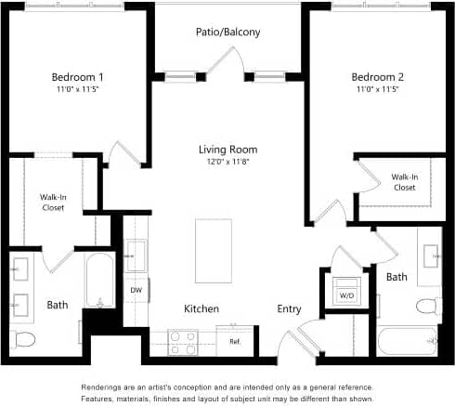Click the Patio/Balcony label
tap(227, 33)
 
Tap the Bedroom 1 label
tap(76, 76)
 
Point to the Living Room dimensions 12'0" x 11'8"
tap(227, 163)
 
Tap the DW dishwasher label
tap(136, 290)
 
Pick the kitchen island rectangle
tap(213, 252)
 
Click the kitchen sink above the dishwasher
tap(136, 255)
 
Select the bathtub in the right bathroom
tap(409, 341)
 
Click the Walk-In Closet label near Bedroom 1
tap(52, 202)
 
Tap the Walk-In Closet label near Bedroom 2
tap(403, 181)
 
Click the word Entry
tap(289, 308)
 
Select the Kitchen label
tap(201, 308)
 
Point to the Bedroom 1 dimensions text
tap(76, 90)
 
